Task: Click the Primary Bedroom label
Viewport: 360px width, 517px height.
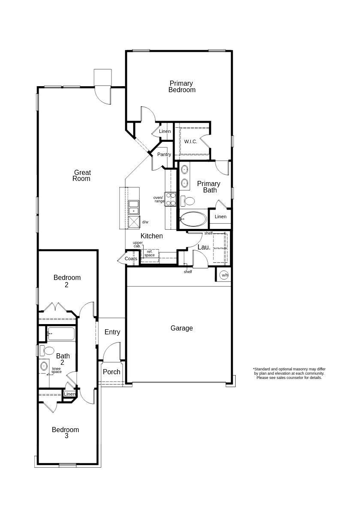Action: (x=182, y=87)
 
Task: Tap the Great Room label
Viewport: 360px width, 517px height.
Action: (x=81, y=176)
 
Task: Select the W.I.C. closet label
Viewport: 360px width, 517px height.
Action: (x=191, y=141)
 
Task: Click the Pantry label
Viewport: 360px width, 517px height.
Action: (x=164, y=154)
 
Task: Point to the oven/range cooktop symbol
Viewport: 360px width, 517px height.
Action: (x=171, y=199)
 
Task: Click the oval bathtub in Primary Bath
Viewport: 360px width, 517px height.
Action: (x=193, y=219)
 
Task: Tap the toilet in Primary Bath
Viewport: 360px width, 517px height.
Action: (x=189, y=201)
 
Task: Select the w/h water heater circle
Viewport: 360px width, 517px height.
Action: (x=224, y=275)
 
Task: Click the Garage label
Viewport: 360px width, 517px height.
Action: (x=182, y=328)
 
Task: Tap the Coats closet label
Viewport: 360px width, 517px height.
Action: (x=131, y=258)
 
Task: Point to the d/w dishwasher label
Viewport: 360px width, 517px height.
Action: (x=145, y=222)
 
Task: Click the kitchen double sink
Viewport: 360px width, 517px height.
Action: (x=134, y=207)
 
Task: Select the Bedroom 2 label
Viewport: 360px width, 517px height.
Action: (x=67, y=281)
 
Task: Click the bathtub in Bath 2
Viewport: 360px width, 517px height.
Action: (x=61, y=334)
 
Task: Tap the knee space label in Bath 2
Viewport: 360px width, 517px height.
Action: (x=57, y=370)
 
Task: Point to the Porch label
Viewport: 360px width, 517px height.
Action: (x=111, y=372)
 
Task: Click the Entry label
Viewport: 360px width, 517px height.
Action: (x=112, y=332)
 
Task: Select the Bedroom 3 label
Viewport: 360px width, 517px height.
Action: (x=66, y=433)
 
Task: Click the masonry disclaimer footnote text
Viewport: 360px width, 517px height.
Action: (x=289, y=373)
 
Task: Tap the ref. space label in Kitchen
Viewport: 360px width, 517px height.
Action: (x=150, y=253)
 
